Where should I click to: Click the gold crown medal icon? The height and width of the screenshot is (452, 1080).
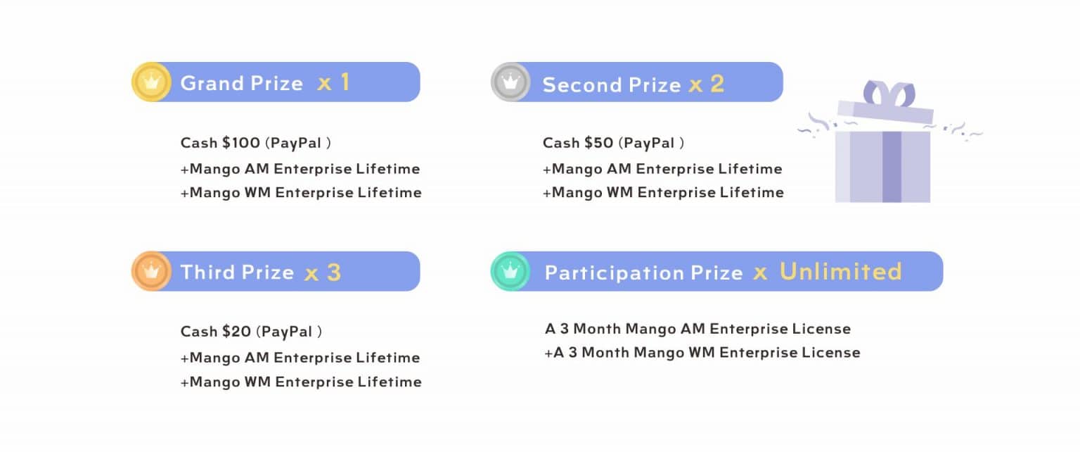pyautogui.click(x=150, y=82)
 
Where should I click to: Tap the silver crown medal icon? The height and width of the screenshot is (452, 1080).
pyautogui.click(x=510, y=82)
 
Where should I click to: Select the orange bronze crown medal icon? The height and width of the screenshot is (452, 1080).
pyautogui.click(x=150, y=271)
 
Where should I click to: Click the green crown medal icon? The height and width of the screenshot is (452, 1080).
pyautogui.click(x=510, y=271)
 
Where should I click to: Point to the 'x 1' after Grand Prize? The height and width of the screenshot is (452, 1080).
pyautogui.click(x=333, y=83)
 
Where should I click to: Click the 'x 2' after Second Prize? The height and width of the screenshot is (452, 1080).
pyautogui.click(x=706, y=84)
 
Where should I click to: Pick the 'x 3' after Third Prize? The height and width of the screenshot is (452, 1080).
pyautogui.click(x=323, y=272)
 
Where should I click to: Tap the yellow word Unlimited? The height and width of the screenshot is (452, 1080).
pyautogui.click(x=840, y=272)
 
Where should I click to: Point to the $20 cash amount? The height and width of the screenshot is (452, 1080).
pyautogui.click(x=237, y=331)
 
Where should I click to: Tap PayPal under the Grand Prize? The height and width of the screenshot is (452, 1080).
pyautogui.click(x=296, y=143)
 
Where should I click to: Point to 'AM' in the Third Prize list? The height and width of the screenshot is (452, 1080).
pyautogui.click(x=256, y=358)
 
